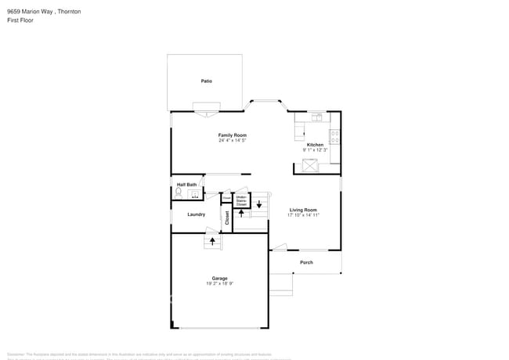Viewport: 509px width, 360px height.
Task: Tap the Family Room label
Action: coord(233,135)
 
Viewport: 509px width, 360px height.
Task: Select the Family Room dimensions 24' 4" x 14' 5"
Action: coord(233,140)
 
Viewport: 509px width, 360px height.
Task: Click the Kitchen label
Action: coord(315,145)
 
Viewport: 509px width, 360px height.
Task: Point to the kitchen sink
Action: coord(316,117)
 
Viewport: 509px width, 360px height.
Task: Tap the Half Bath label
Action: coord(186,185)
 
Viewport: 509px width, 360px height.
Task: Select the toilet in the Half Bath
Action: coord(179,193)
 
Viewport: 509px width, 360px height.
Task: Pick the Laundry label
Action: coord(197,214)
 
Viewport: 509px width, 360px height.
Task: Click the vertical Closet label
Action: coord(228,218)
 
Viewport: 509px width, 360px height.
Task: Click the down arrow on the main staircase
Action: coord(259,204)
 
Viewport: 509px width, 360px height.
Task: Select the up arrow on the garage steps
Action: coord(212,242)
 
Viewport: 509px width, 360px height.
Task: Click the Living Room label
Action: coord(303,210)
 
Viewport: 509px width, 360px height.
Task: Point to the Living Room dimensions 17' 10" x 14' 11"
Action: coord(303,215)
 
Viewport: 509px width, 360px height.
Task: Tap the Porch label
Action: coord(306,262)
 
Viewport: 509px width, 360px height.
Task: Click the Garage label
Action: coord(220,278)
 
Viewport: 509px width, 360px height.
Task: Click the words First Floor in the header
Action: coord(20,21)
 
